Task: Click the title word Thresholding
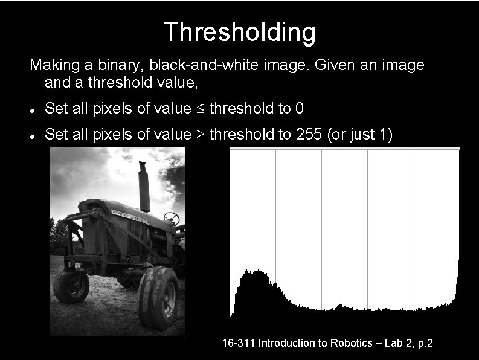[239, 32]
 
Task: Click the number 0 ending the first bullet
[300, 109]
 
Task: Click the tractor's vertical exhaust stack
[144, 187]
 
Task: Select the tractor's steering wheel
[172, 217]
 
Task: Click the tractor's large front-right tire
[158, 297]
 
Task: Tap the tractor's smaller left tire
[71, 286]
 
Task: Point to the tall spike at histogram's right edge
[458, 284]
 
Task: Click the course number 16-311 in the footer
[238, 343]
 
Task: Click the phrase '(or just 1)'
[359, 134]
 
